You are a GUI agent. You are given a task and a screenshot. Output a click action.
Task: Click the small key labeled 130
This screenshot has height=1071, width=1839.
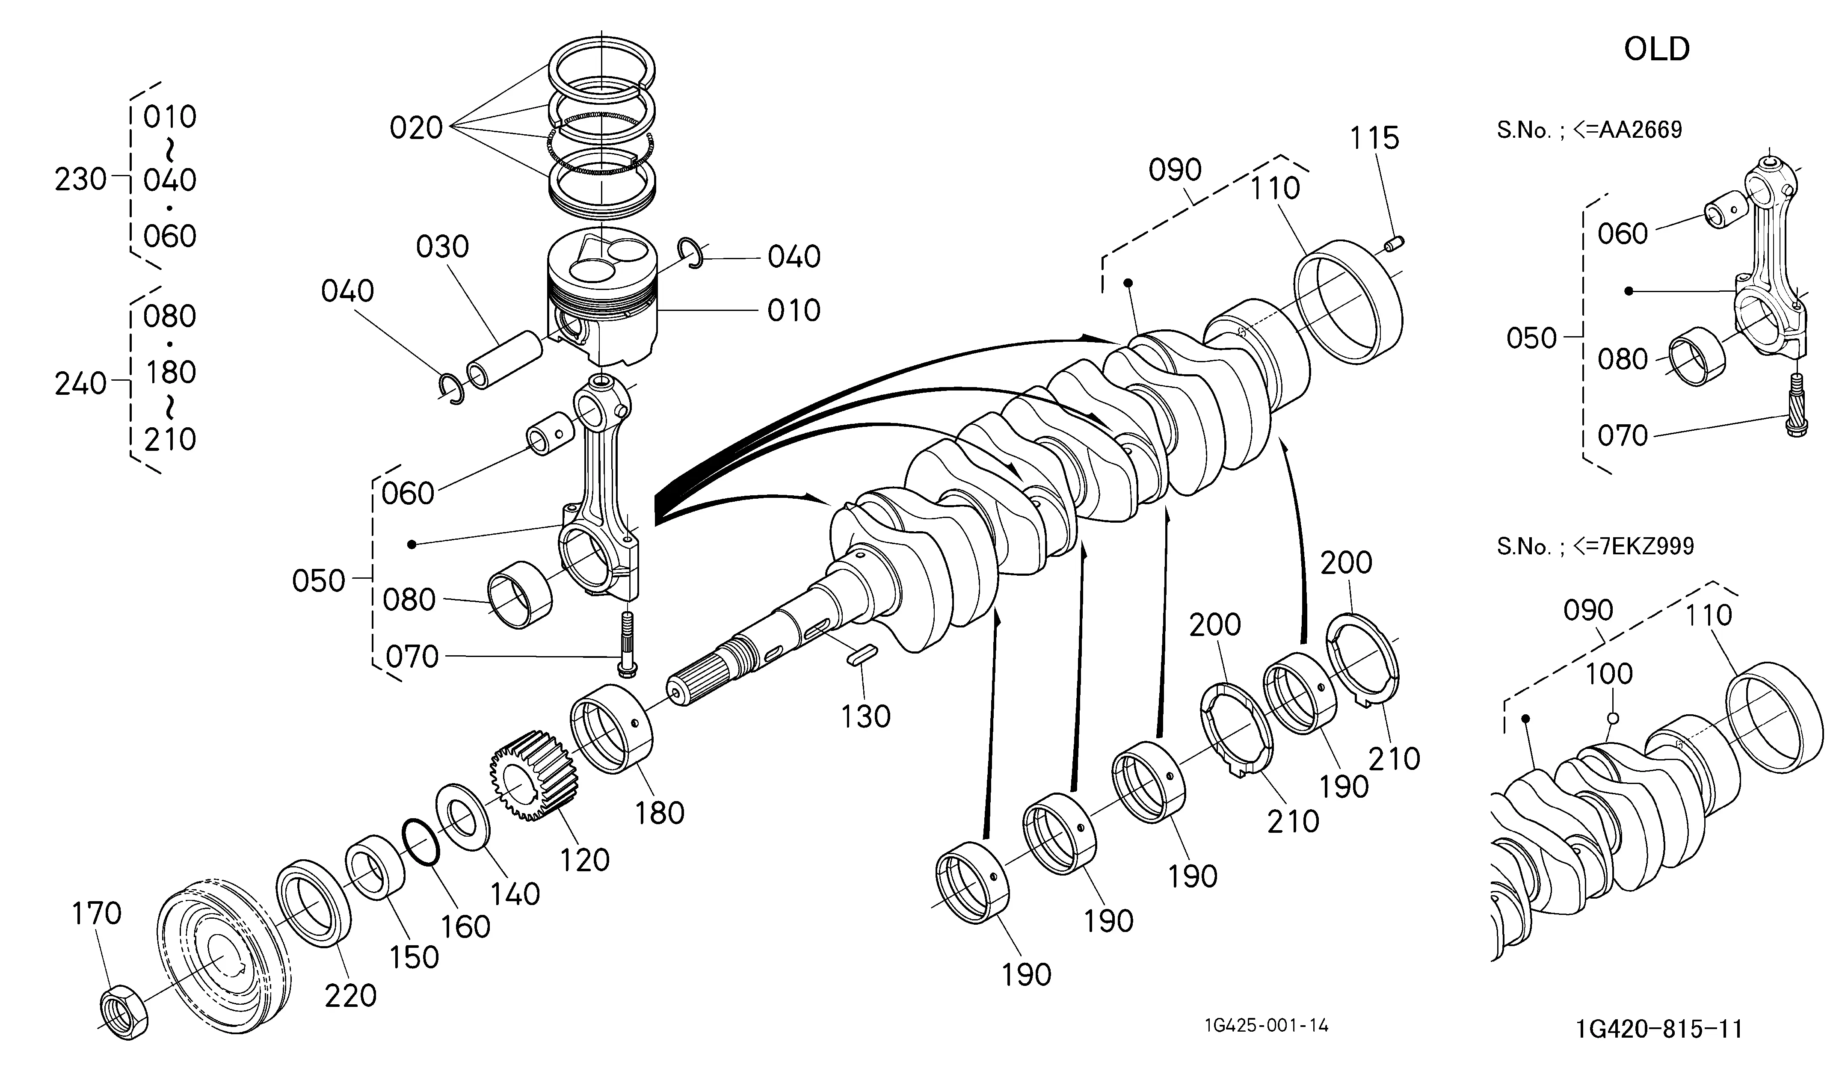(862, 654)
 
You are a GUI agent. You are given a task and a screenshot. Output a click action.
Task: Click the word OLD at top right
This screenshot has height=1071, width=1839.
(1657, 49)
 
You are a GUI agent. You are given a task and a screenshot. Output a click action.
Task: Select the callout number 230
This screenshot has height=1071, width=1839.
(80, 180)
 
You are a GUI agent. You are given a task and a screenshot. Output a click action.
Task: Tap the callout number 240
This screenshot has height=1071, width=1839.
(80, 383)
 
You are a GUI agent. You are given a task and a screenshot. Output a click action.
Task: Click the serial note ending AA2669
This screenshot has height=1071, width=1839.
(1590, 130)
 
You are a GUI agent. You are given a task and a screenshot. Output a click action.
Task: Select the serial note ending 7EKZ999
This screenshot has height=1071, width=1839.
(1595, 546)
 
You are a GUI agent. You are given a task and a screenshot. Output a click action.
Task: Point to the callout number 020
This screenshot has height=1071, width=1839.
(416, 128)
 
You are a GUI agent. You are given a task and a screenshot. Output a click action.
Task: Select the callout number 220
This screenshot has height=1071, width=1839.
(350, 995)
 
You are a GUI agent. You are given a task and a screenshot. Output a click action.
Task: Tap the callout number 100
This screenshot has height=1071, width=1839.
(1609, 673)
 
